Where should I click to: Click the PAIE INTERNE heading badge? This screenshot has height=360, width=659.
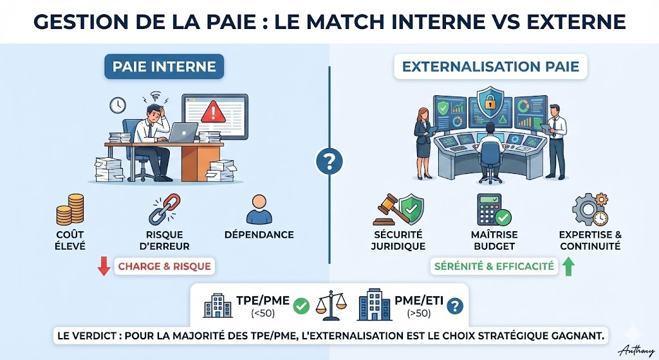163,66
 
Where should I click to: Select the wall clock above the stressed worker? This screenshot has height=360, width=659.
117,104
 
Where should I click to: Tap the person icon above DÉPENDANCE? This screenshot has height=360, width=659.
259,210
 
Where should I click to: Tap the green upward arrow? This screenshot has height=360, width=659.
568,265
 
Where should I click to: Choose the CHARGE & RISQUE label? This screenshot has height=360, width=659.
164,265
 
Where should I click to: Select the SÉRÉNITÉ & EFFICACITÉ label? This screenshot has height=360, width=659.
493,265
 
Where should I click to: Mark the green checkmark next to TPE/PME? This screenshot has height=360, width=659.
301,306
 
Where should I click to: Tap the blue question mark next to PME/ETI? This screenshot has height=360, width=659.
456,306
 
